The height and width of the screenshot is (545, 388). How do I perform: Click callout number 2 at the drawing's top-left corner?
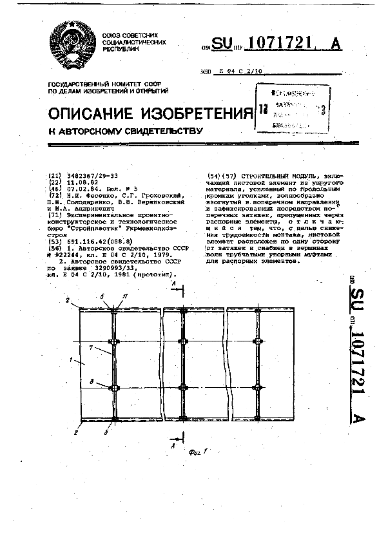pyautogui.click(x=67, y=300)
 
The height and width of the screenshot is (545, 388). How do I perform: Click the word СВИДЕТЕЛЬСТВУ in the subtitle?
pyautogui.click(x=158, y=131)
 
